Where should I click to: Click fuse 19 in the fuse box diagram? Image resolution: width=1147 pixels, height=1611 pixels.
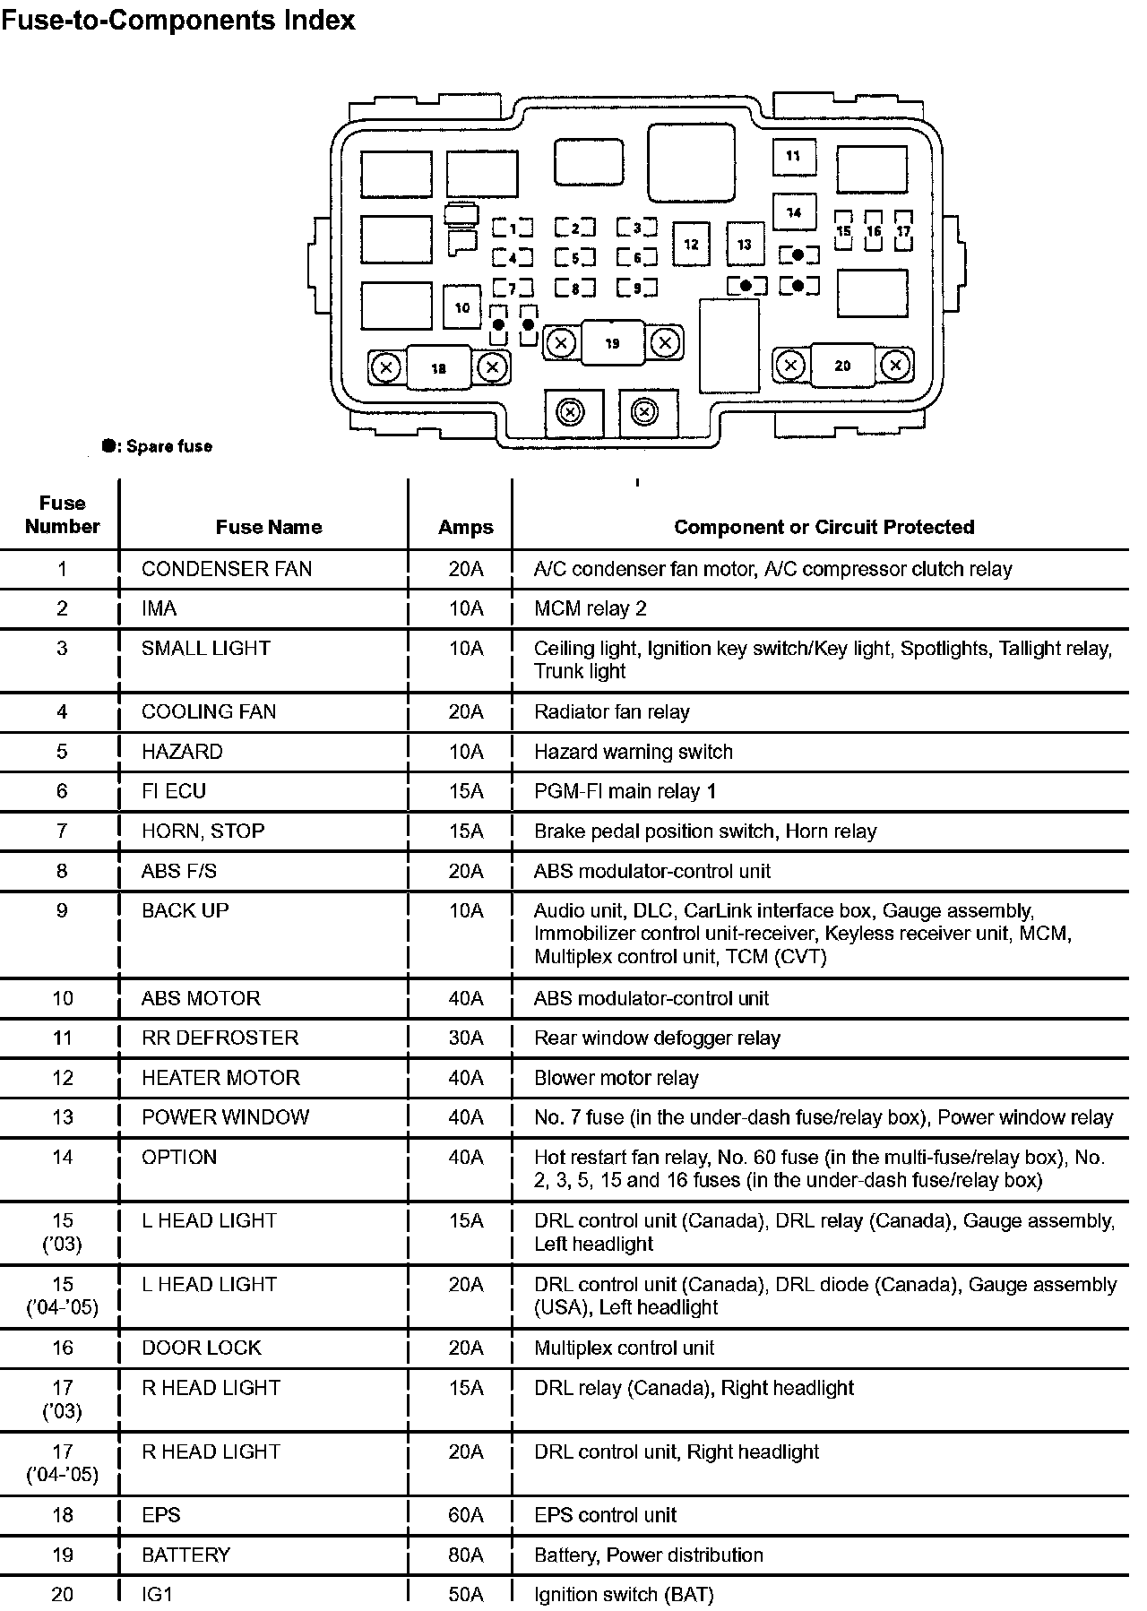point(612,343)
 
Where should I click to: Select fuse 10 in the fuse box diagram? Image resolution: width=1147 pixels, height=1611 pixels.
point(462,307)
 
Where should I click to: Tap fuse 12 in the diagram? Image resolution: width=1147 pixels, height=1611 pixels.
point(691,245)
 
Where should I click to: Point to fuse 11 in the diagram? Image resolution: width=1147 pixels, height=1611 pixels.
point(793,156)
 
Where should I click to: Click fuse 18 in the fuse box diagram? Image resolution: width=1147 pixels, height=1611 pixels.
point(438,367)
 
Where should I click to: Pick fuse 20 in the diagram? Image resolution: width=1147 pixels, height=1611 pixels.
point(842,366)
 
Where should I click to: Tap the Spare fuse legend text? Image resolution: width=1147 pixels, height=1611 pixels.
point(168,446)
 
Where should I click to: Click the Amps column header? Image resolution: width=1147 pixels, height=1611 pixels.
point(466,527)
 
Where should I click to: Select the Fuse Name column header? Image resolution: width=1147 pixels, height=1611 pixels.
point(268,527)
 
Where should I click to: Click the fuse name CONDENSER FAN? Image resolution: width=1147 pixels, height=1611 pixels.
point(227,569)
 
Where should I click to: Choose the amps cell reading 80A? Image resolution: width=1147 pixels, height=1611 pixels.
point(466,1555)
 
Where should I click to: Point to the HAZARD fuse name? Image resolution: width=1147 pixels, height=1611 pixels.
point(182,752)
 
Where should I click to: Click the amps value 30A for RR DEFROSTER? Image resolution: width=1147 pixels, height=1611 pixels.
point(466,1038)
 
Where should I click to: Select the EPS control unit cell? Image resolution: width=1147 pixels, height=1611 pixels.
point(605,1515)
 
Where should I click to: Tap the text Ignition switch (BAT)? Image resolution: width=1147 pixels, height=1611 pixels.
point(624,1595)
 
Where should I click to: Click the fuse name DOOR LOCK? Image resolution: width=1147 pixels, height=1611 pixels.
point(202,1348)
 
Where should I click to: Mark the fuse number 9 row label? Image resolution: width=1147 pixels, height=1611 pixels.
point(62,910)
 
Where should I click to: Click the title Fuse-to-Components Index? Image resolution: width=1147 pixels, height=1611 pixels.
point(177,20)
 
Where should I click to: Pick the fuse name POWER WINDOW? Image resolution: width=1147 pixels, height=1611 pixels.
point(225,1117)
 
